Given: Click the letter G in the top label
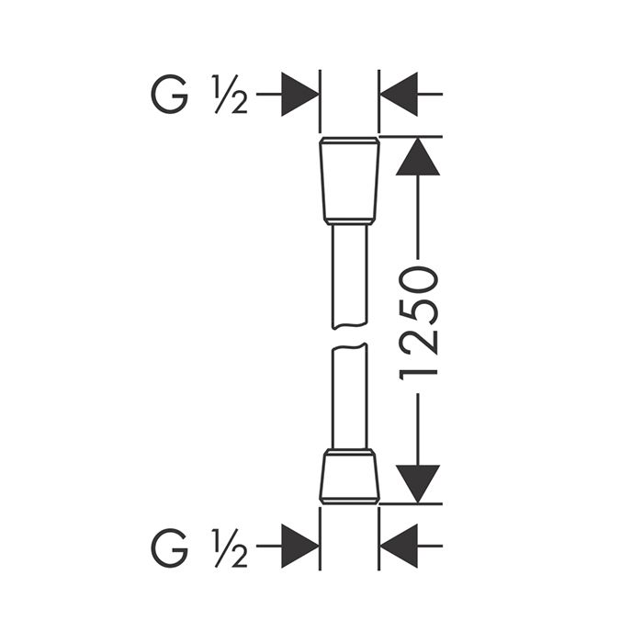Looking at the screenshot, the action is (x=169, y=95).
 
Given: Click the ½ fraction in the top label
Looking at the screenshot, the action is (x=230, y=95).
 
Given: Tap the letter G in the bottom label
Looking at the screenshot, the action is (x=169, y=547).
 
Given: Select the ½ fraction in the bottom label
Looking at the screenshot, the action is (x=230, y=547).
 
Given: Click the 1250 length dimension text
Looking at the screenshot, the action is (x=418, y=323).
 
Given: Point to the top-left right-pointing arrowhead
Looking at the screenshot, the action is (x=300, y=95).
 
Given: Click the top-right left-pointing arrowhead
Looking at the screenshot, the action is (x=399, y=95).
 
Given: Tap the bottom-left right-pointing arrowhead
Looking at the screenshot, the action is (x=300, y=547).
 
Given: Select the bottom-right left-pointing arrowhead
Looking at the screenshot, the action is (x=399, y=547).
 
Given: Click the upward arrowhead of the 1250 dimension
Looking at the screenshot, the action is (x=418, y=156).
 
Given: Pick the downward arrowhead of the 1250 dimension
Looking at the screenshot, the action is (x=418, y=484).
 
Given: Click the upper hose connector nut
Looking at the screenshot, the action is (x=349, y=181).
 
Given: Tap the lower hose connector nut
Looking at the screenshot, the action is (x=349, y=476).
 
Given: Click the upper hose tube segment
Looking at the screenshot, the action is (x=349, y=276).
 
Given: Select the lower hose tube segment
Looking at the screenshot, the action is (x=349, y=397).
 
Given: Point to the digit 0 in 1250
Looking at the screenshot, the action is (x=418, y=280).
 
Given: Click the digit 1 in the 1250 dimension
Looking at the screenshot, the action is (x=418, y=374).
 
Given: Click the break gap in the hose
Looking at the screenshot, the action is (x=349, y=336).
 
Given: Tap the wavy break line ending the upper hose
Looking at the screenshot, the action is (x=349, y=326).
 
